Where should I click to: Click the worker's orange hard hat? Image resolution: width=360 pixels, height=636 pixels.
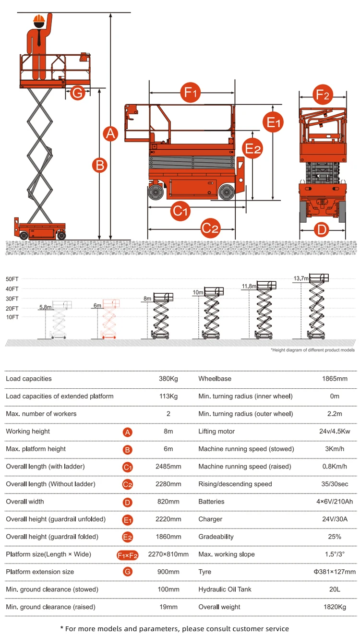click(38, 19)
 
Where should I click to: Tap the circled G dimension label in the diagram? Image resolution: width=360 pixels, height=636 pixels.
click(77, 93)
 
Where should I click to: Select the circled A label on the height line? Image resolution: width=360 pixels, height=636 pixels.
click(111, 133)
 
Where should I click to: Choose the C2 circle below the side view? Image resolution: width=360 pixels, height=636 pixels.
click(210, 228)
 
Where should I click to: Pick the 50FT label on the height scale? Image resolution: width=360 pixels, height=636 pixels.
click(12, 279)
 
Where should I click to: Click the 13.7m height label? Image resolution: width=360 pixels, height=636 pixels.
click(301, 278)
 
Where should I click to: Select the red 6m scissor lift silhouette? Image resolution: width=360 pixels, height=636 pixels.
click(110, 319)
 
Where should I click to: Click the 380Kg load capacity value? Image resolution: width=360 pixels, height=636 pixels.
click(168, 379)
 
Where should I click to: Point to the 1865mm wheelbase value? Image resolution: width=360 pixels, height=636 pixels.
click(335, 379)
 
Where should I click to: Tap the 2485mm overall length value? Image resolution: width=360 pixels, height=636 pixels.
click(168, 467)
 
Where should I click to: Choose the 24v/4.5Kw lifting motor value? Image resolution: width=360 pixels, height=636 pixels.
click(335, 432)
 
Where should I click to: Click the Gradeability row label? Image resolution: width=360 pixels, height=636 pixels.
click(216, 537)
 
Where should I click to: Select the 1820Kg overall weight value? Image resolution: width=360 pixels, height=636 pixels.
click(335, 607)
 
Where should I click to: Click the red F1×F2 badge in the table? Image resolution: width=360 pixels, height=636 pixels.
click(128, 555)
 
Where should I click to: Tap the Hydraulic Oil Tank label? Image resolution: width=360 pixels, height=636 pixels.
click(225, 589)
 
